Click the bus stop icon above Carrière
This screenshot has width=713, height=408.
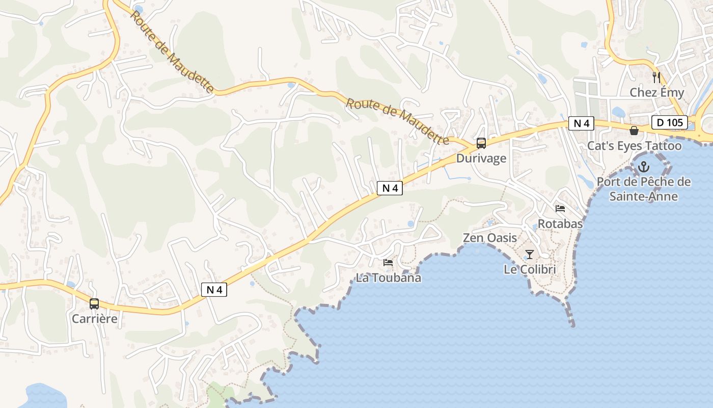click(94, 304)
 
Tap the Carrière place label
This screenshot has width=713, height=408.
click(95, 319)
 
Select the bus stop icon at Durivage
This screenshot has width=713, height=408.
click(481, 143)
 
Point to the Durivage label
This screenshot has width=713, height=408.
click(481, 158)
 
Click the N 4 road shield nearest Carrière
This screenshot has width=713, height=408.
click(214, 290)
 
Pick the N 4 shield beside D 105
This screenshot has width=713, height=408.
click(582, 123)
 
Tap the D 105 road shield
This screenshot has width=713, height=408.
click(670, 122)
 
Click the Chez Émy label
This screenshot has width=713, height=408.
click(657, 92)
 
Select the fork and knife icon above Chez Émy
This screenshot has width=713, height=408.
click(656, 78)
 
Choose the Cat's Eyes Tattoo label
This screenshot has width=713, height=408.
click(634, 146)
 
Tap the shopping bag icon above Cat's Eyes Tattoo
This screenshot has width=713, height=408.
click(634, 131)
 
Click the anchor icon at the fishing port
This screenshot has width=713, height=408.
click(644, 167)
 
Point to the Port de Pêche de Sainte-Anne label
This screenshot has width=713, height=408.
click(644, 189)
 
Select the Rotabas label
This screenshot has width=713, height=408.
click(560, 224)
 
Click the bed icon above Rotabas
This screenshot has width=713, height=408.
click(560, 209)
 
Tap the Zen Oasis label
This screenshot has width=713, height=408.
click(489, 238)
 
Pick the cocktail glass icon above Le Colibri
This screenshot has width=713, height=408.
click(530, 254)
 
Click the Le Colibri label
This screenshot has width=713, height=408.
click(530, 269)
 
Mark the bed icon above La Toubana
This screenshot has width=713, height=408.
click(388, 263)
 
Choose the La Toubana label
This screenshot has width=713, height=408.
click(388, 278)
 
